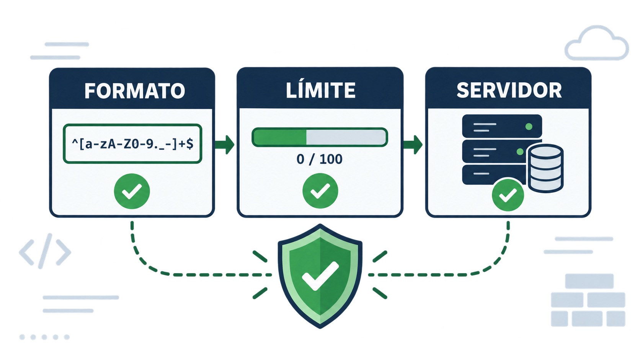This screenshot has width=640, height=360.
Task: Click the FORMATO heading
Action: [135, 91]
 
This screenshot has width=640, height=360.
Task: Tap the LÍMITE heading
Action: [320, 90]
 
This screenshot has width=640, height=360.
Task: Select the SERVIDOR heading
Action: [509, 91]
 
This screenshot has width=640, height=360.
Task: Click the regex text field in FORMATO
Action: [132, 143]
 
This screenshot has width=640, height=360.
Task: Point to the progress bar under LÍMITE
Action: [320, 137]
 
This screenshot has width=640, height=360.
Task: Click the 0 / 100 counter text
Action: [320, 159]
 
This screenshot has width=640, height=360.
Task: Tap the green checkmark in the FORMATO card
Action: [132, 191]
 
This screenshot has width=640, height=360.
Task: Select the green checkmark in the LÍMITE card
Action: [320, 191]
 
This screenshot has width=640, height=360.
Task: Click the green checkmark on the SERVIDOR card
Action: [508, 195]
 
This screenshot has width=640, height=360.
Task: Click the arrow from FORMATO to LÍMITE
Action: [225, 145]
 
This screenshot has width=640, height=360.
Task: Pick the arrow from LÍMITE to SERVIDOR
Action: [413, 145]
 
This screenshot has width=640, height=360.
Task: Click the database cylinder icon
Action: [545, 168]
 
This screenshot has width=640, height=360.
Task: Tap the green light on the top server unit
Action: [529, 127]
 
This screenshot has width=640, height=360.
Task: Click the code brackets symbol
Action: [45, 251]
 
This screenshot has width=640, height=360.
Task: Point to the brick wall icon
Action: [588, 300]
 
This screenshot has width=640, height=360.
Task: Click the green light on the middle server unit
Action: [520, 151]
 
